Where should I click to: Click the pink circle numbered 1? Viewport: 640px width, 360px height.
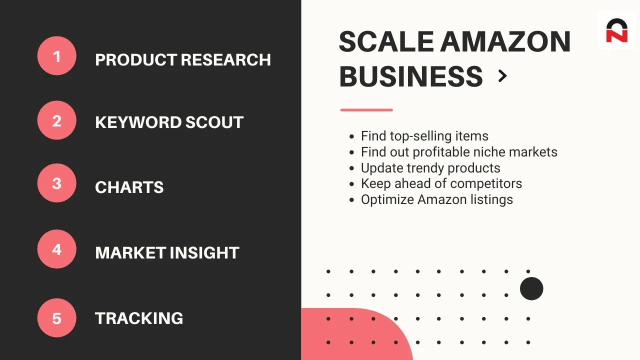coord(57,55)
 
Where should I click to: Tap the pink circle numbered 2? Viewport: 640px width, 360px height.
coord(57,120)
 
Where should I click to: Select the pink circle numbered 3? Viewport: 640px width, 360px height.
coord(57,183)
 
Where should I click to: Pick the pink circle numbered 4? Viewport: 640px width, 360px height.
coord(57,249)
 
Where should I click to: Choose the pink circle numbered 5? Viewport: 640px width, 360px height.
coord(57,318)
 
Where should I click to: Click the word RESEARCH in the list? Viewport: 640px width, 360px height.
coord(225,59)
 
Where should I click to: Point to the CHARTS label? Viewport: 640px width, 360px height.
coord(129,187)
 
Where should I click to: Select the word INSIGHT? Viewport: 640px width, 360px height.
coord(204,252)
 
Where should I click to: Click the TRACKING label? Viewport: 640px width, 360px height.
coord(139,318)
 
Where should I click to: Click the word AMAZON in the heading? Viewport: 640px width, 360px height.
coord(505,41)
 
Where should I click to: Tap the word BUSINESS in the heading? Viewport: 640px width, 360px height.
coord(411,76)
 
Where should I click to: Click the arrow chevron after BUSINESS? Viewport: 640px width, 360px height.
coord(502,76)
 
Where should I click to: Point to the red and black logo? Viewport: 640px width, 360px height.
coord(617,30)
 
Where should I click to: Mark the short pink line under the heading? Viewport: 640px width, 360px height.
coord(366,110)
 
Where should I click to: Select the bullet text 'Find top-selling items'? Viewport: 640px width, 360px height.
coord(424,136)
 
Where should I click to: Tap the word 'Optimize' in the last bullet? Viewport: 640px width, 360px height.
coord(387,199)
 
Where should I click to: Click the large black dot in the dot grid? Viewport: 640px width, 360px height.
coord(531,288)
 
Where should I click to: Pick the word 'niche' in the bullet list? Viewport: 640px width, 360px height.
coord(489,151)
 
